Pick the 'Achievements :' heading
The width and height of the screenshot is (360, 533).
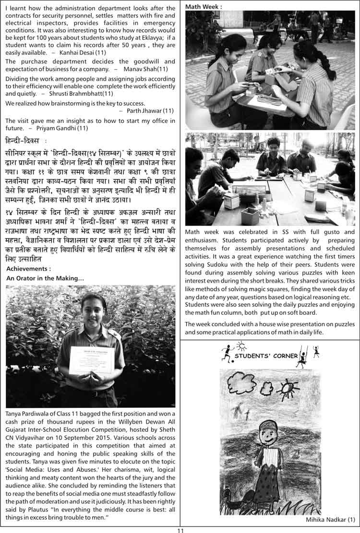(28, 269)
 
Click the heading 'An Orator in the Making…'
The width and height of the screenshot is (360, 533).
(45, 278)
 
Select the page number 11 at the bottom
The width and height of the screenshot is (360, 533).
(180, 530)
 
